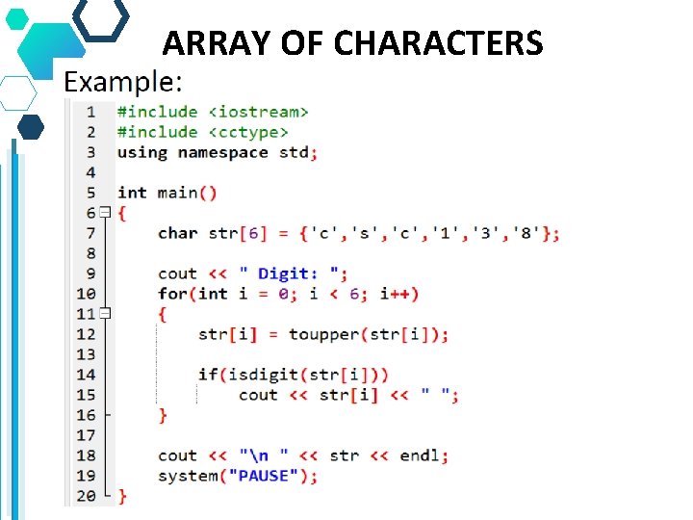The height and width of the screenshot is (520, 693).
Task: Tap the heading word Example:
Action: (123, 82)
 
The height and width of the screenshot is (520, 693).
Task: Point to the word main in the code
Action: (177, 193)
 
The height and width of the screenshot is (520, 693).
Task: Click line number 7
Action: (90, 233)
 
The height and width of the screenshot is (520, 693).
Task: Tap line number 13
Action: (87, 354)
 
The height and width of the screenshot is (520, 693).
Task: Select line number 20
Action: (87, 496)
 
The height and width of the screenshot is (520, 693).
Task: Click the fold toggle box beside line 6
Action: (105, 213)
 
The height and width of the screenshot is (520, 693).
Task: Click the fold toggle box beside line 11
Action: (105, 314)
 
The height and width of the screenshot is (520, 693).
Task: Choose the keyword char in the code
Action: (177, 233)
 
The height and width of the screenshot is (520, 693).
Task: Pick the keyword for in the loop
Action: (173, 294)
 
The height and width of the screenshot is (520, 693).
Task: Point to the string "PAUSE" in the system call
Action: (269, 476)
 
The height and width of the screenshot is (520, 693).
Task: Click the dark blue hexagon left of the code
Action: (31, 127)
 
